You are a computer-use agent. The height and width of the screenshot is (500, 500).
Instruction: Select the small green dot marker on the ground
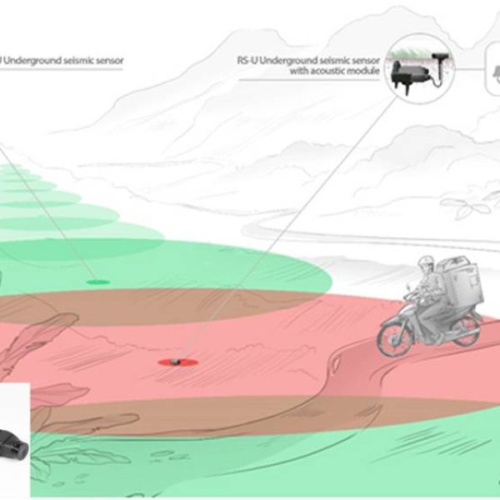tap(97, 282)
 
